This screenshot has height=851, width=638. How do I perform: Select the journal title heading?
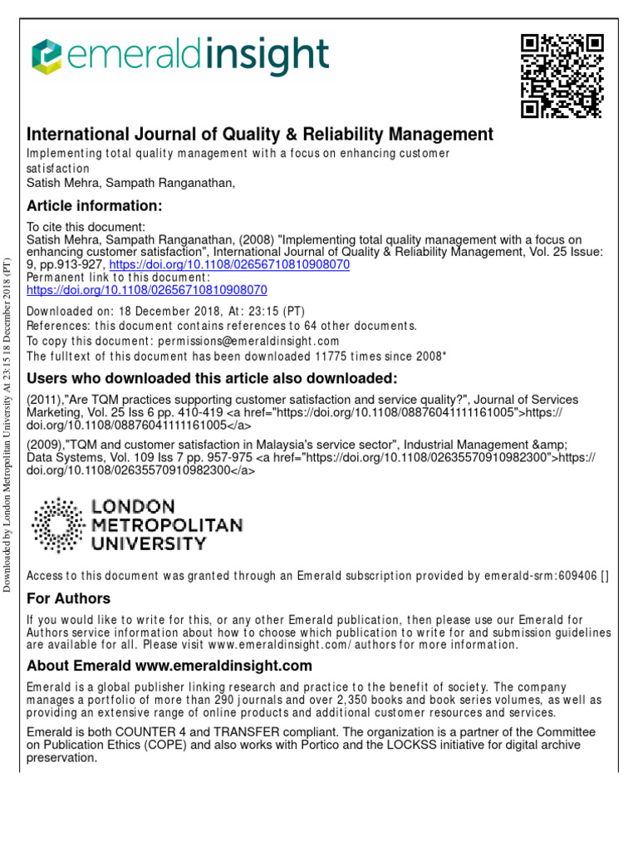260,134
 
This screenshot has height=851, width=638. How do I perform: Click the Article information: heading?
94,205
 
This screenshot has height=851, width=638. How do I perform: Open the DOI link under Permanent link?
147,291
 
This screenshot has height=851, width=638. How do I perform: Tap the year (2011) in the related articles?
46,400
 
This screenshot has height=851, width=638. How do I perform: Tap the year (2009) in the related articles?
46,445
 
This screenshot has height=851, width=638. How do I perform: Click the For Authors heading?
68,599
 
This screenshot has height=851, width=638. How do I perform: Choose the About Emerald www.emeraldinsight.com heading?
169,666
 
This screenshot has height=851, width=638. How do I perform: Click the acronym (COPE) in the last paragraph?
160,745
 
